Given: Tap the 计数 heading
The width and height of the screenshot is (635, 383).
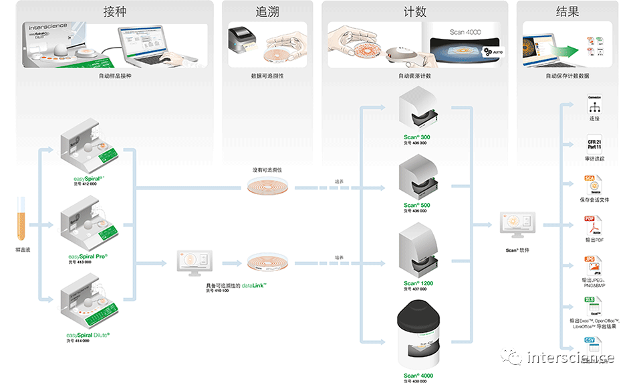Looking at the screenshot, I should (415, 11).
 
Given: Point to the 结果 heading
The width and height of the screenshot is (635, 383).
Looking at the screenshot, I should (567, 11).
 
